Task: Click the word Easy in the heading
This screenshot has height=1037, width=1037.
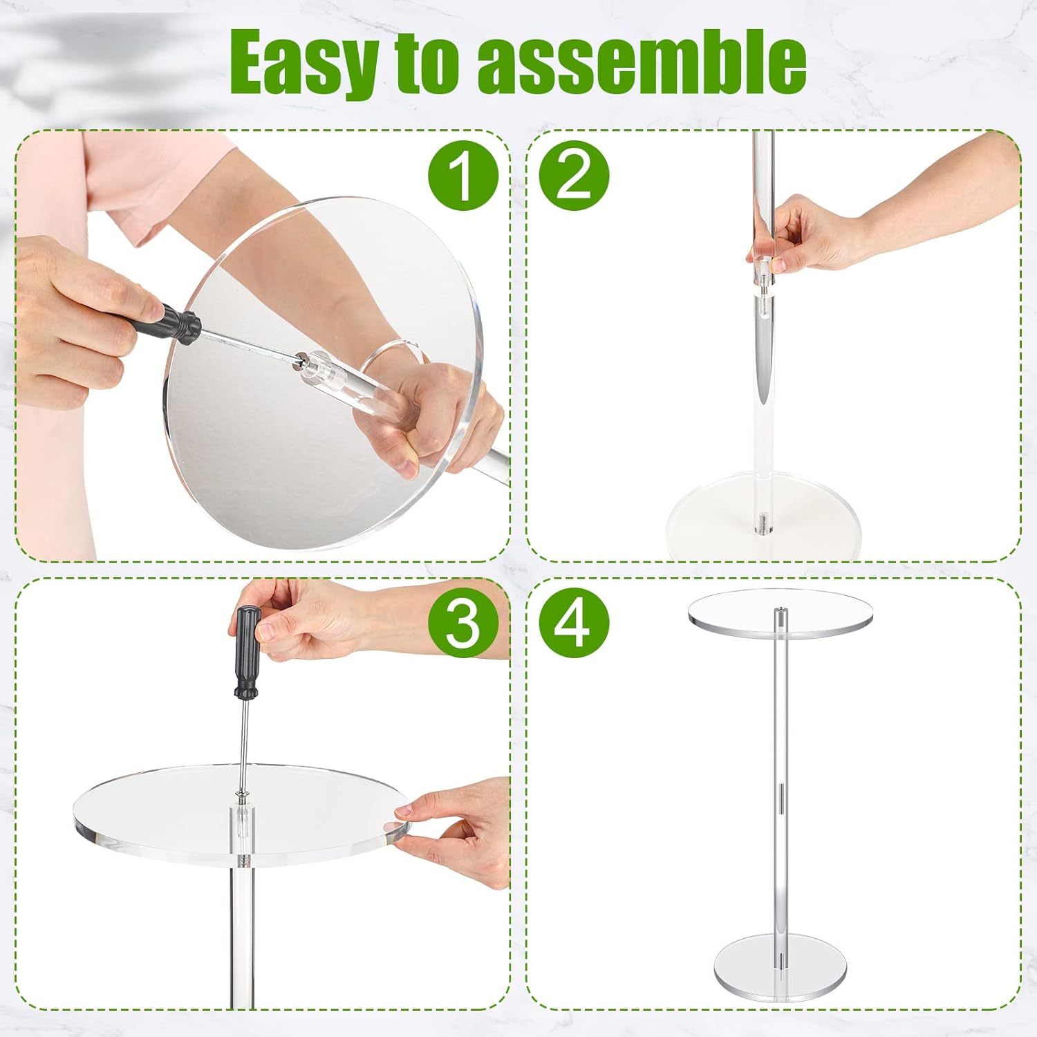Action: (305, 63)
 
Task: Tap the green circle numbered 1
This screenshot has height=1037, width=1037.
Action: (463, 175)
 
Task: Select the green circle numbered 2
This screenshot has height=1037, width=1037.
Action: (574, 175)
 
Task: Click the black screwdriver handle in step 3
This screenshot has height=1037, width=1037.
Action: (246, 652)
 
